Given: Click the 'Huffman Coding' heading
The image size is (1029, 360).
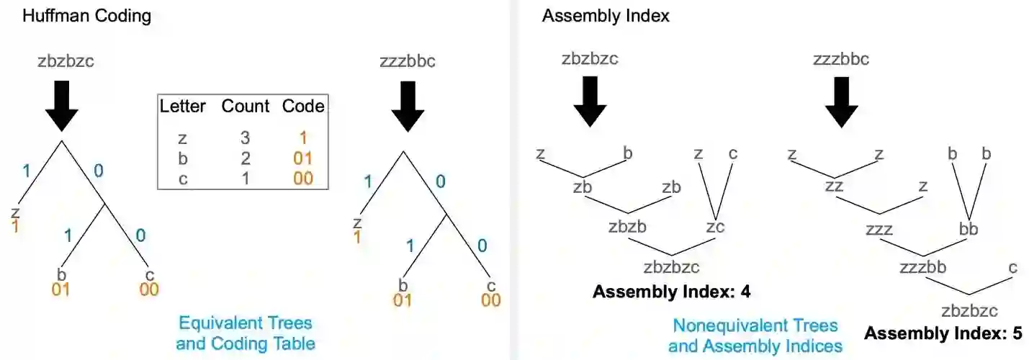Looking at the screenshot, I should click(87, 17).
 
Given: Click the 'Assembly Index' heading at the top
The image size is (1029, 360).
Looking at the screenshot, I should click(606, 16).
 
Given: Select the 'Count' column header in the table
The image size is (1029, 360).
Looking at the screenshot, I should click(245, 107).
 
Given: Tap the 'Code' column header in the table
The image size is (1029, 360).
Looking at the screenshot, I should click(303, 107).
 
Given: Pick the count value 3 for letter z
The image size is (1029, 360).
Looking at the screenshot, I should click(245, 136).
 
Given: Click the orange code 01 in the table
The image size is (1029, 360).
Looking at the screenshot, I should click(302, 157).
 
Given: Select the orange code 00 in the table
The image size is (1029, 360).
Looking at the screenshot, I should click(302, 178).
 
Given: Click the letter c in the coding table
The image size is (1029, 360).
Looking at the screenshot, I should click(183, 178).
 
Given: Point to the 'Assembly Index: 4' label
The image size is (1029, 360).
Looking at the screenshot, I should click(671, 292).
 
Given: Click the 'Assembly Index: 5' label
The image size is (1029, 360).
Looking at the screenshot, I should click(943, 333).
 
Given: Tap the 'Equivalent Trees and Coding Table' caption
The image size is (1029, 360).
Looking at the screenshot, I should click(246, 333).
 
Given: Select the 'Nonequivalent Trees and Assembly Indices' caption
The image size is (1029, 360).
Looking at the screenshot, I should click(755, 336).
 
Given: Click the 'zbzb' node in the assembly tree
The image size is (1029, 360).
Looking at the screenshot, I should click(627, 227).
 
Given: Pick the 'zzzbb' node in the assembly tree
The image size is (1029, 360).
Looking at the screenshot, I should click(922, 268).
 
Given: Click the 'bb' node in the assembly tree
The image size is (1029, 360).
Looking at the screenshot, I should click(969, 230).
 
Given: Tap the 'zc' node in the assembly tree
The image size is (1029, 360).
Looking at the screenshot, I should click(715, 228).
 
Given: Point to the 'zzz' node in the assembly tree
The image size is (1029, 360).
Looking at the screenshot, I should click(879, 230).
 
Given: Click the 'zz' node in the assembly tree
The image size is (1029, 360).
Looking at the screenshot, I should click(835, 187).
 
